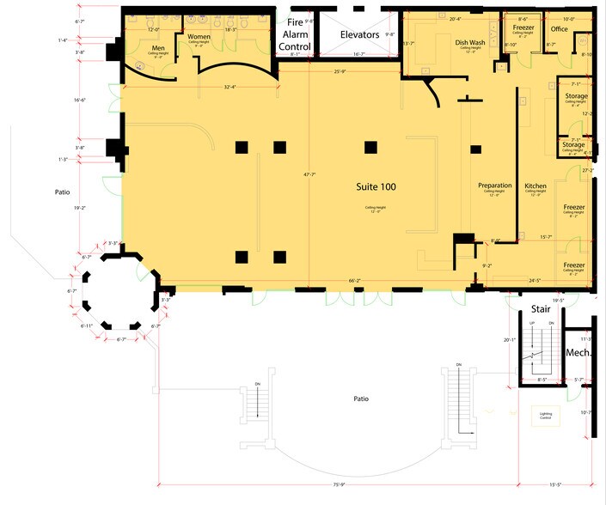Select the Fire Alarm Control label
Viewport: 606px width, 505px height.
(295, 34)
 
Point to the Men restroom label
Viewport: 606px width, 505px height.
(158, 48)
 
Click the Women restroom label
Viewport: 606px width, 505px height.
(199, 36)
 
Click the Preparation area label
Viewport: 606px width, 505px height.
(495, 186)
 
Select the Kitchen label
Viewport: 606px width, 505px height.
(536, 186)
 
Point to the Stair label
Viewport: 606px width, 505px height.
(540, 308)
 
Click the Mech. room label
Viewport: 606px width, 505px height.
(576, 353)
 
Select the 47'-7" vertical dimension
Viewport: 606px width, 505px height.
(309, 174)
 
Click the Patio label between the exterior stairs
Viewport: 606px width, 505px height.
(358, 399)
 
